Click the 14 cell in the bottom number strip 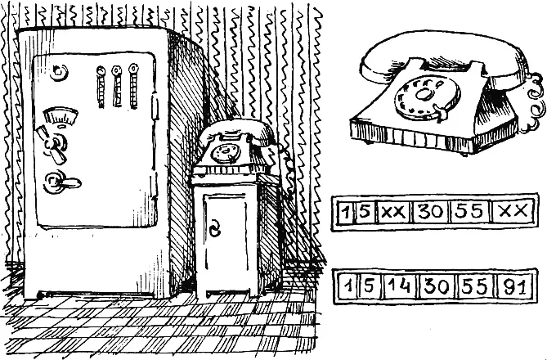pos(401,286)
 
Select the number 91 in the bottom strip pos(515,286)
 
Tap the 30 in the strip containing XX pos(430,211)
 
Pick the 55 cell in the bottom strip pos(477,286)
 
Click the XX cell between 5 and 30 pos(393,211)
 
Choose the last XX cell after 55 pos(513,211)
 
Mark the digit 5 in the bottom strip pos(369,286)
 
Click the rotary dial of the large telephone pos(427,97)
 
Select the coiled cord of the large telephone pos(533,103)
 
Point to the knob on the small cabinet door pos(215,229)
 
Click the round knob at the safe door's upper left pos(59,72)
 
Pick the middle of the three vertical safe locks pos(117,86)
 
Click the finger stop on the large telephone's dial pos(440,112)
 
